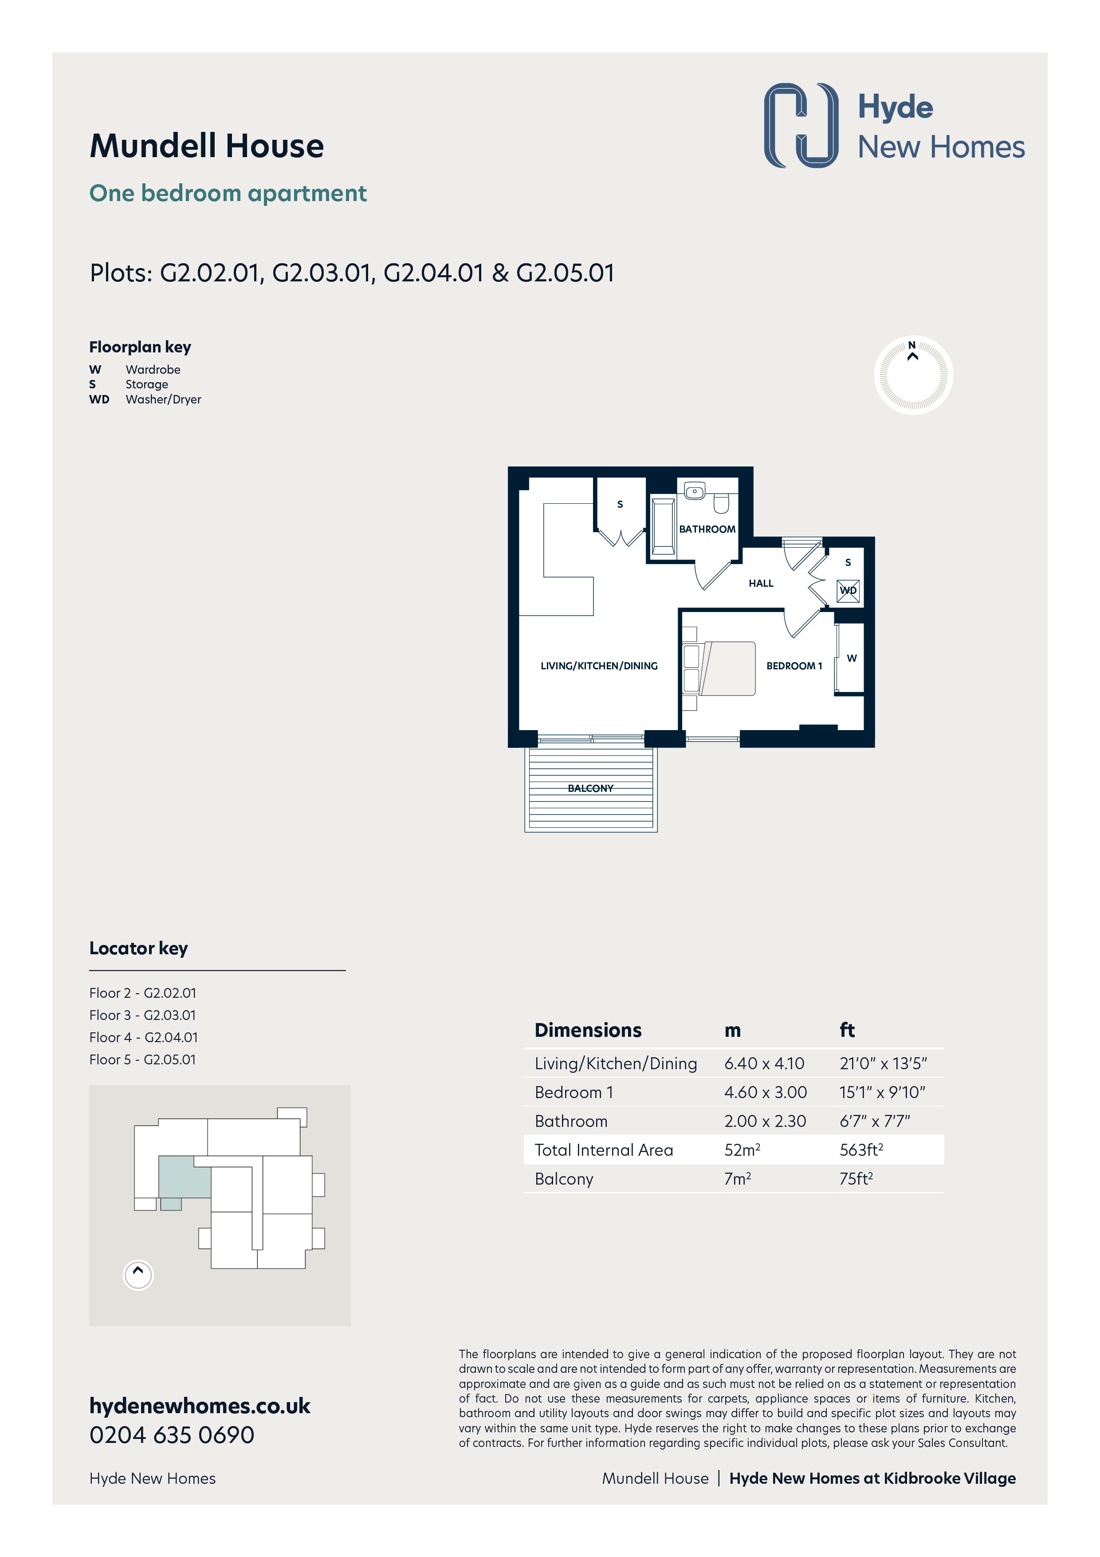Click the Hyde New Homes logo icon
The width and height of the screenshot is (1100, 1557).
tap(801, 126)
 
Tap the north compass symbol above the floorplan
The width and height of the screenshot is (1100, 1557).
tap(913, 375)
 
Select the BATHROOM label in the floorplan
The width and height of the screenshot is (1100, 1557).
tap(707, 529)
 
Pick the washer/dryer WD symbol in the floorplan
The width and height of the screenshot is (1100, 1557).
tap(848, 590)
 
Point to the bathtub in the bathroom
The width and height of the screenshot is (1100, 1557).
tap(663, 527)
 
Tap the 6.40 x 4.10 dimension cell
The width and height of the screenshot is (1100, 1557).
tap(764, 1063)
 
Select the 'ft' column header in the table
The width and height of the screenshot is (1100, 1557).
tap(847, 1030)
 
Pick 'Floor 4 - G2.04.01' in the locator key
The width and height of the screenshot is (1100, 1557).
tap(144, 1038)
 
